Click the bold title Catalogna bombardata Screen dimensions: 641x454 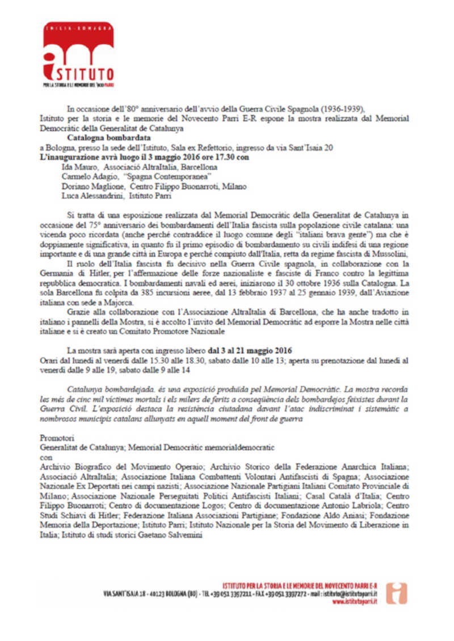108,137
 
